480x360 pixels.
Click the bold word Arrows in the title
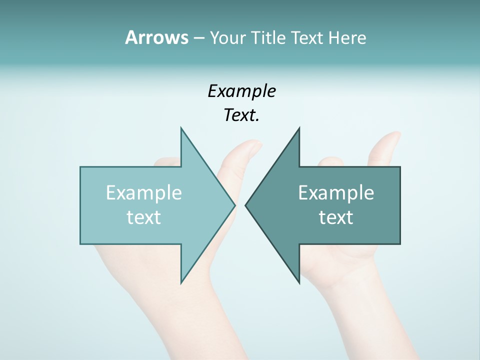pyautogui.click(x=156, y=37)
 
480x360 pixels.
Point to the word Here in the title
pyautogui.click(x=347, y=37)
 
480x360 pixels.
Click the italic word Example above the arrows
pyautogui.click(x=241, y=91)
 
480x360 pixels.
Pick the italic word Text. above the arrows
pyautogui.click(x=241, y=115)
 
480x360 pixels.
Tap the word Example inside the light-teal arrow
pyautogui.click(x=143, y=192)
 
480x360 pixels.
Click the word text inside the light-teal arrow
pyautogui.click(x=143, y=217)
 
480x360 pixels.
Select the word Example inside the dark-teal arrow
pyautogui.click(x=336, y=192)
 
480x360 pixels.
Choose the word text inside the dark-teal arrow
pyautogui.click(x=336, y=217)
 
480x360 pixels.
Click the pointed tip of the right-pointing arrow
pyautogui.click(x=234, y=205)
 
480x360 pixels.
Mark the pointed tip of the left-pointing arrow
pyautogui.click(x=246, y=205)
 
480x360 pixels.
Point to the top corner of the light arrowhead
pyautogui.click(x=181, y=128)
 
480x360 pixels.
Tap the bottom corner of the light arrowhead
pyautogui.click(x=181, y=282)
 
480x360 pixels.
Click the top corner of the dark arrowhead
pyautogui.click(x=299, y=128)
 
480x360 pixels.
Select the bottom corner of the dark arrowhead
pyautogui.click(x=299, y=282)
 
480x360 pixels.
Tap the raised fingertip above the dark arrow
pyautogui.click(x=392, y=137)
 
